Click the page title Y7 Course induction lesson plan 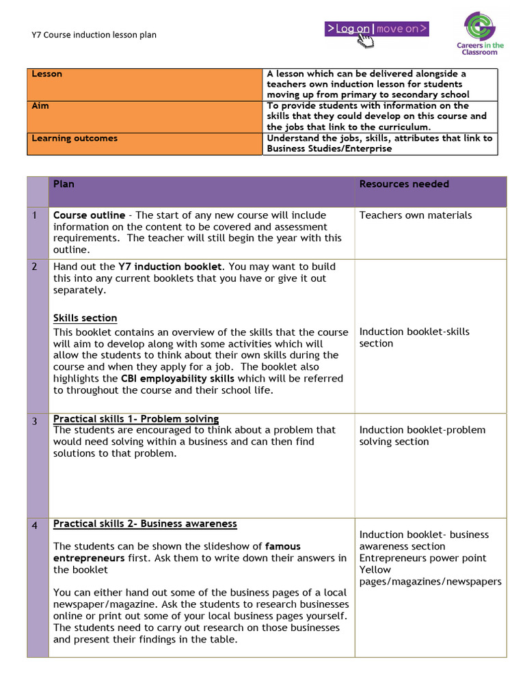point(94,34)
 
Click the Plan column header point(64,184)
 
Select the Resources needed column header point(404,184)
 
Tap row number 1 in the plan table point(34,216)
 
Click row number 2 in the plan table point(34,267)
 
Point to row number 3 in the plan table point(34,421)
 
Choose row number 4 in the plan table point(34,526)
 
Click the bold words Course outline point(89,215)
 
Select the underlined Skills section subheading point(85,318)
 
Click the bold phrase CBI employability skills point(178,378)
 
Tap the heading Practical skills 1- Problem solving point(136,418)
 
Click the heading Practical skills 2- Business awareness point(145,524)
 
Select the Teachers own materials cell point(416,215)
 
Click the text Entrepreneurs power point point(423,558)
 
